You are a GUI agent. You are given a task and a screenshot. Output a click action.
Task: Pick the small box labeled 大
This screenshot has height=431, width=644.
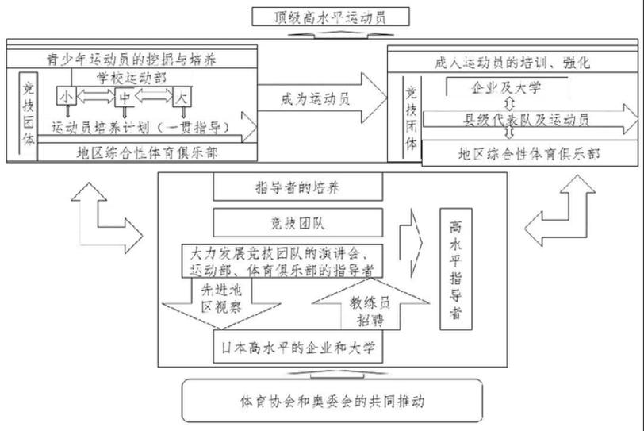(182, 98)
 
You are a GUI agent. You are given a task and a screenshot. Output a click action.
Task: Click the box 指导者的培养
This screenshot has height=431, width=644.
(298, 187)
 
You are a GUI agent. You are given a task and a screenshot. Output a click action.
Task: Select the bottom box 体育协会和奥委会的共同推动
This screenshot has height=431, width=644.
(332, 400)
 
